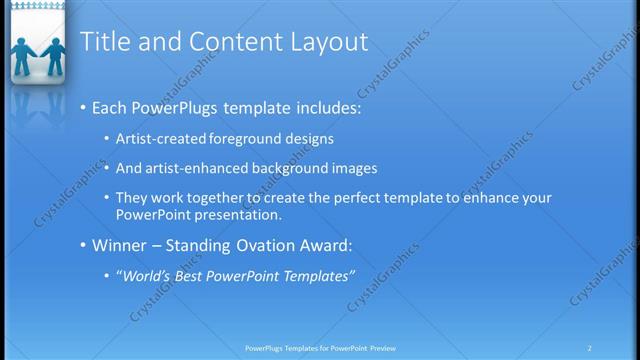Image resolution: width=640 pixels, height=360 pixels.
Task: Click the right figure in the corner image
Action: [52, 58]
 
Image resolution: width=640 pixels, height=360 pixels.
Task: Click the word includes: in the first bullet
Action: [324, 107]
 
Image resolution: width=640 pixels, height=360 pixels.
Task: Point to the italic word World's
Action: [147, 275]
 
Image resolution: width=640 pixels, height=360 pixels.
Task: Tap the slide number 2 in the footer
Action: [589, 348]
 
